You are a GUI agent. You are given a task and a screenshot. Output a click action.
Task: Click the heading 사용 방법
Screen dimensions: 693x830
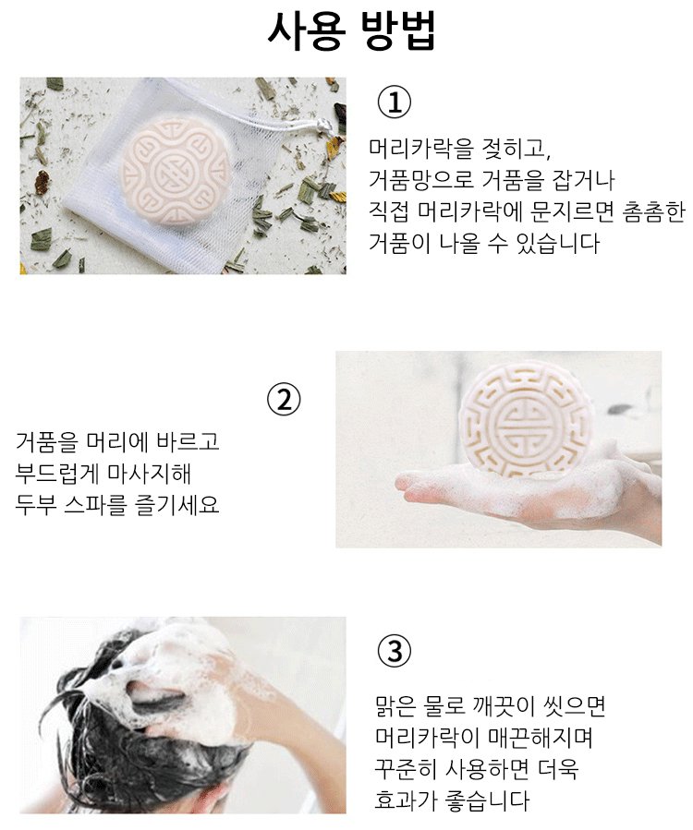[351, 30]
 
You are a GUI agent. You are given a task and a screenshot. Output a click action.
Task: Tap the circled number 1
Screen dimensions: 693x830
[393, 102]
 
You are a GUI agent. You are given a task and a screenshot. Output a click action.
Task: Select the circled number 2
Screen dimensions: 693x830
[283, 400]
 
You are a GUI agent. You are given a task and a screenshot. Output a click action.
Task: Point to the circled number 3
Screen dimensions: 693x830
[393, 651]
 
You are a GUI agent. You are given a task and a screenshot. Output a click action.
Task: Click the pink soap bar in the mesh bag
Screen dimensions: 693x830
[175, 172]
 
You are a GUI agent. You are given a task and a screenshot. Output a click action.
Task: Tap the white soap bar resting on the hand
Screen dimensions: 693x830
[525, 420]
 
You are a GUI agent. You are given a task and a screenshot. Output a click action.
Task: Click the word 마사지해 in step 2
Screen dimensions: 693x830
[149, 473]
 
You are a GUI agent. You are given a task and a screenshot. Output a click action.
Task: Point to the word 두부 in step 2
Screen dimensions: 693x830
[35, 504]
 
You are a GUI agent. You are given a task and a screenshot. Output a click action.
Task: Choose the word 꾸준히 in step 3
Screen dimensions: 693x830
[406, 768]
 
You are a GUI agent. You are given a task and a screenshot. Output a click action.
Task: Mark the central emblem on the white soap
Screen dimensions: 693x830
[525, 421]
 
